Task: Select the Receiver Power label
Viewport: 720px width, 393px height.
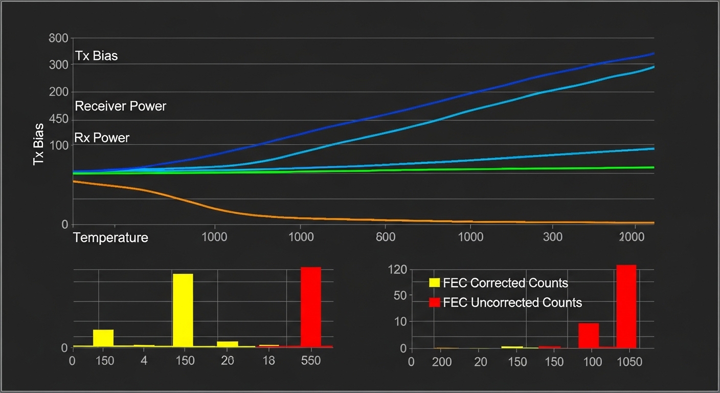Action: tap(121, 106)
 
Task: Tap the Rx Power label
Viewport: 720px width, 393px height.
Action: tap(102, 138)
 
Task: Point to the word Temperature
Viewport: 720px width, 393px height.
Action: tap(110, 237)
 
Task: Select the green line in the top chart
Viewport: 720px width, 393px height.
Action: tap(460, 169)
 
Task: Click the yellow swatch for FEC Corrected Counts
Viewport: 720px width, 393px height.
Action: tap(434, 283)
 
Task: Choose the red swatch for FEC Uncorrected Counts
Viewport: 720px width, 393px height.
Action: tap(434, 302)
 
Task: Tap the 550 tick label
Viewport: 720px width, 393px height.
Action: tap(310, 361)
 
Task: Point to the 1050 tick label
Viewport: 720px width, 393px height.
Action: tap(628, 362)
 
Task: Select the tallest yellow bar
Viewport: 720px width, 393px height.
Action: tap(183, 310)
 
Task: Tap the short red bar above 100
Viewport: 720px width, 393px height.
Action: tap(588, 335)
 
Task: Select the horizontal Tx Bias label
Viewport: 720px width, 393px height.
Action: tap(97, 56)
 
